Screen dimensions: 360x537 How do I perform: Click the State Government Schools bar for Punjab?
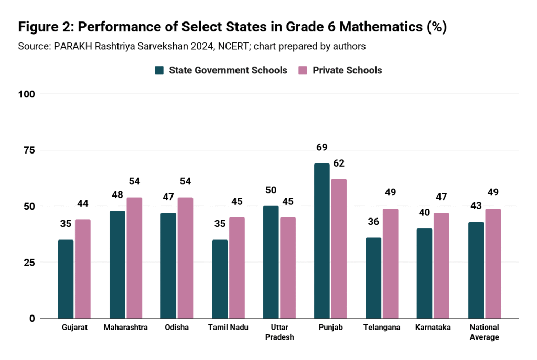pyautogui.click(x=321, y=241)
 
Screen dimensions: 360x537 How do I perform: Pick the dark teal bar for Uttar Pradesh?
pyautogui.click(x=271, y=262)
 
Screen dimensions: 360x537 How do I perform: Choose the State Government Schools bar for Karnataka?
pyautogui.click(x=424, y=273)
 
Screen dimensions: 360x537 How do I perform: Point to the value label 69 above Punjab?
pyautogui.click(x=321, y=147)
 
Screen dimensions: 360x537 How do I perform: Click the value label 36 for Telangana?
pyautogui.click(x=372, y=222)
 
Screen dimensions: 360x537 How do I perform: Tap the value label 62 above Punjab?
pyautogui.click(x=339, y=163)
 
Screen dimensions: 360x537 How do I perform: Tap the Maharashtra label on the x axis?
pyautogui.click(x=125, y=328)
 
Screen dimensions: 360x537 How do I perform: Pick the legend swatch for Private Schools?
pyautogui.click(x=303, y=70)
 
